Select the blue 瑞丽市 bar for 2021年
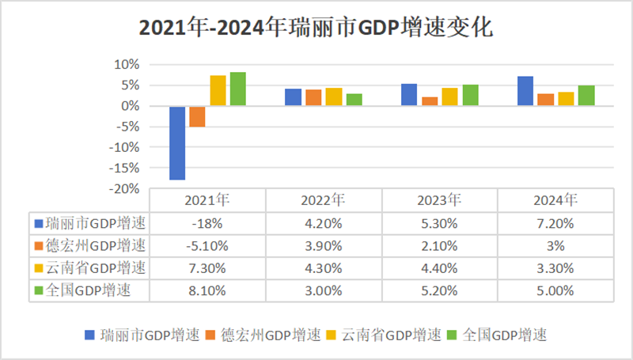177,142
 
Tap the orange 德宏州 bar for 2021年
197,116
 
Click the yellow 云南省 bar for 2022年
333,97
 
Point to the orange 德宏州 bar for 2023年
430,101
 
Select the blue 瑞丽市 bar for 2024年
525,91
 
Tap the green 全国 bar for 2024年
586,96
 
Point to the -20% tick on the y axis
126,189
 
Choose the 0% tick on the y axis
131,106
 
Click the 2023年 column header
439,199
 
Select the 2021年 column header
207,199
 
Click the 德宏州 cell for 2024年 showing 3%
555,245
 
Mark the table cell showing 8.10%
207,291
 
